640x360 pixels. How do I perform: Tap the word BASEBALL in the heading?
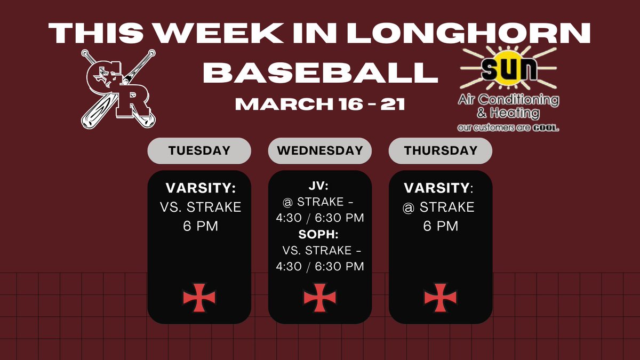click(x=320, y=73)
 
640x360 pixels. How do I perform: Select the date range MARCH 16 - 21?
click(x=320, y=103)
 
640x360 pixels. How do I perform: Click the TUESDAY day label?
click(x=199, y=150)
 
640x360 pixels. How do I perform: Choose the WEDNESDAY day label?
click(x=320, y=150)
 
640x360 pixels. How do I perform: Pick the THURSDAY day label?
click(x=441, y=150)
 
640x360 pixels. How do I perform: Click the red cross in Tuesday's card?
click(x=199, y=298)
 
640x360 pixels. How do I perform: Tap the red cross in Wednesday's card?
click(x=320, y=298)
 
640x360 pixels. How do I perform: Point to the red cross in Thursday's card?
click(x=441, y=298)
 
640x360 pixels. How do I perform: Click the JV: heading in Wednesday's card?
click(x=320, y=187)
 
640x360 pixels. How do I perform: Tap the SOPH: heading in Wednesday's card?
click(x=320, y=234)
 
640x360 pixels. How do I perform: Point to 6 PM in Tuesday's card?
click(x=200, y=226)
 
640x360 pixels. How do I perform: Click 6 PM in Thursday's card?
click(x=441, y=226)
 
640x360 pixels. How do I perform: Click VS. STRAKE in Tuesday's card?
click(x=200, y=207)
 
